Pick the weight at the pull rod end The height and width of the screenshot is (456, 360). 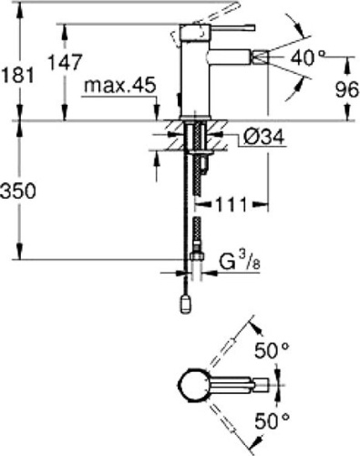point(185,301)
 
